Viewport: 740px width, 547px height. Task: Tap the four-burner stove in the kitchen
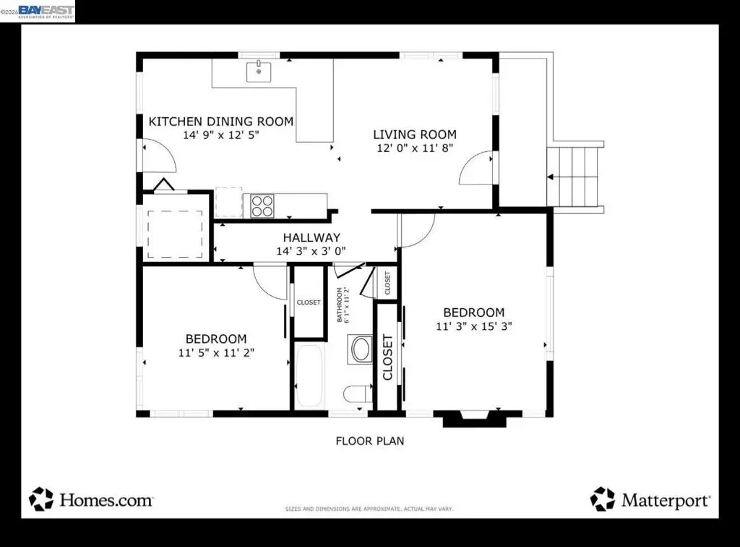[262, 205]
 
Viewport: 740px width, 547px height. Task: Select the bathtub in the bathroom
[311, 376]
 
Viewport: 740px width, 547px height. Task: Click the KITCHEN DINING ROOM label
[220, 122]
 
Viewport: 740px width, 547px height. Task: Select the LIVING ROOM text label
[415, 135]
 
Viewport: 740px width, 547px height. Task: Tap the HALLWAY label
[311, 237]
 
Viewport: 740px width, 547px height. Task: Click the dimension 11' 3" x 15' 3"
[473, 326]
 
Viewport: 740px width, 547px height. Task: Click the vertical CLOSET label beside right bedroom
[387, 357]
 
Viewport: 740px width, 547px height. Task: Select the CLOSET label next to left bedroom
[309, 302]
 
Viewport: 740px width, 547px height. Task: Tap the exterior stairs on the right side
[575, 177]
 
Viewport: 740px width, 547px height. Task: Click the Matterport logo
[650, 499]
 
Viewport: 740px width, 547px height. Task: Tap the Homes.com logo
[91, 499]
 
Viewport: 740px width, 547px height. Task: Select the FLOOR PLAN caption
[369, 441]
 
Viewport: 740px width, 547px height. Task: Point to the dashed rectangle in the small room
[175, 234]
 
